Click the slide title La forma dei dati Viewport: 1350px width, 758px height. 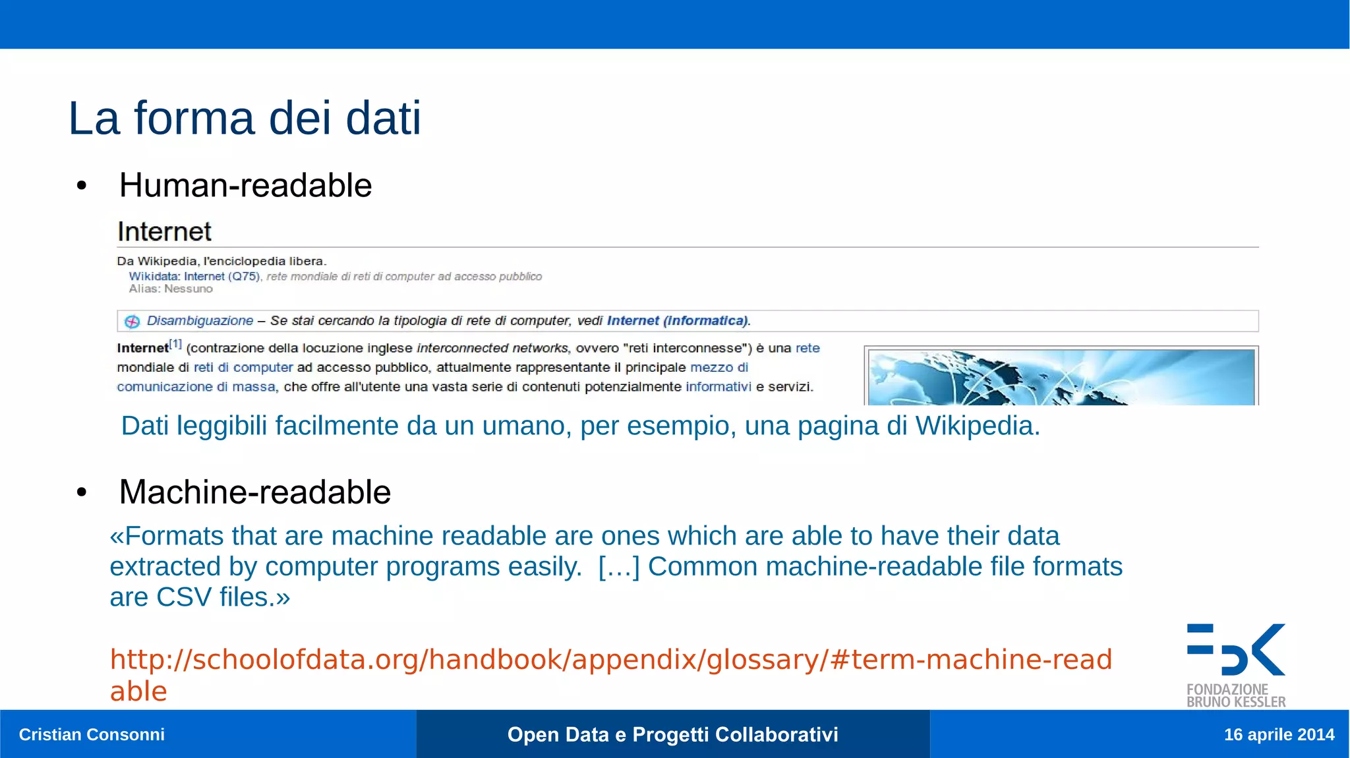245,119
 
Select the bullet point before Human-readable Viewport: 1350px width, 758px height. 82,186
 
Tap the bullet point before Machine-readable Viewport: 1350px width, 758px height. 82,492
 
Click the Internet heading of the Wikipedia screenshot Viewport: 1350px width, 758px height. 164,232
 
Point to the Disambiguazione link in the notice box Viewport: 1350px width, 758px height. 200,321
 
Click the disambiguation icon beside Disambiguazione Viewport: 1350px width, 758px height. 132,322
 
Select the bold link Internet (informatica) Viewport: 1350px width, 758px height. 678,321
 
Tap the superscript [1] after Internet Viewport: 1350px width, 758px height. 175,343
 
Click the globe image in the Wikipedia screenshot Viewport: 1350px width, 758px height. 1061,377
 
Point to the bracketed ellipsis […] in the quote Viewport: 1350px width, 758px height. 618,567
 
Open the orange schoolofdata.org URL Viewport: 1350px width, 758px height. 610,660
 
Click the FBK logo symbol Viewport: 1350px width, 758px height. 1236,650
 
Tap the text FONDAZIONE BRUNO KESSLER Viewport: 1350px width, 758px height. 1236,696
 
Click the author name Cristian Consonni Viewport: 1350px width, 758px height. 92,734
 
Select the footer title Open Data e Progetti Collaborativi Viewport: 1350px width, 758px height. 672,734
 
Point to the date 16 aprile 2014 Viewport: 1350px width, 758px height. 1279,734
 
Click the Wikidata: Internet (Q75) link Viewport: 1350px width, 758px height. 194,277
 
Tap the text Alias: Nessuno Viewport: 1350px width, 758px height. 171,289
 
